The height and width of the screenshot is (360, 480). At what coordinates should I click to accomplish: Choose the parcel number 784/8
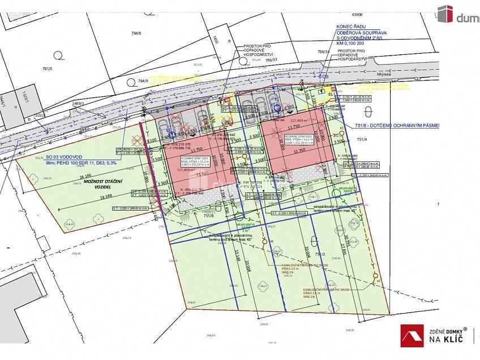pyautogui.click(x=136, y=33)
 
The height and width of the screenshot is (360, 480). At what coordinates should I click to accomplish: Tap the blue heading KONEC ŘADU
pyautogui.click(x=350, y=26)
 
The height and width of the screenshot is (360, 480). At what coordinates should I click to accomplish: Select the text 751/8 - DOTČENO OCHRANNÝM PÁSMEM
pyautogui.click(x=396, y=126)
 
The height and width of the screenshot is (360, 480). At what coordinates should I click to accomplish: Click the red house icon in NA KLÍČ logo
pyautogui.click(x=412, y=336)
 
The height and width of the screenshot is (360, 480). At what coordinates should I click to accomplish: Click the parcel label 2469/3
pyautogui.click(x=78, y=104)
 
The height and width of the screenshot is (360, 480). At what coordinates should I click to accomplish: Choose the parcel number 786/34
pyautogui.click(x=323, y=52)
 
